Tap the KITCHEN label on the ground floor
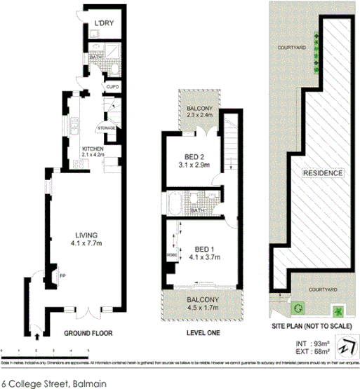pyautogui.click(x=93, y=149)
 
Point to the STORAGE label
pyautogui.click(x=107, y=128)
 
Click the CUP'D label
pyautogui.click(x=112, y=87)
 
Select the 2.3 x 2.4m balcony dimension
pyautogui.click(x=199, y=114)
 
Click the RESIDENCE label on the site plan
pyautogui.click(x=322, y=173)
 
